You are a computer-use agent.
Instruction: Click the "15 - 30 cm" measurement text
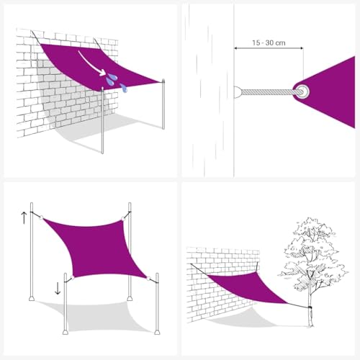pos(268,42)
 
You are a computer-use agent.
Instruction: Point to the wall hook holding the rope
pos(238,91)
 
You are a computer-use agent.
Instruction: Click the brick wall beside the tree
pos(216,263)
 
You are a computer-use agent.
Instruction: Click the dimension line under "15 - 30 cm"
pos(268,50)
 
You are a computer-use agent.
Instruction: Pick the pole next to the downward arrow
pos(66,302)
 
